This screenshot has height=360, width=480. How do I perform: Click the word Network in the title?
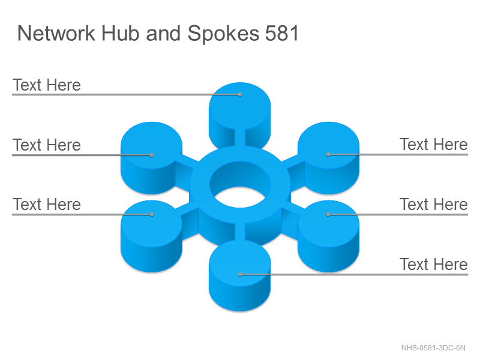56,33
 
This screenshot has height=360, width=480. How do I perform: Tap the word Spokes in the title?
223,34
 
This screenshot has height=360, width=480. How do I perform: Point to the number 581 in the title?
281,33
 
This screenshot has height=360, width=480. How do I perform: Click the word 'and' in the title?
163,33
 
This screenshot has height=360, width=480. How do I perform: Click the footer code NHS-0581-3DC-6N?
433,348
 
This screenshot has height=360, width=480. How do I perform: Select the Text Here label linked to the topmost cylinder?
47,85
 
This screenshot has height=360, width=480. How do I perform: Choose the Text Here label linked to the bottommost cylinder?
433,264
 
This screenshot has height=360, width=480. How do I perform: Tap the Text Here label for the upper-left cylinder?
47,145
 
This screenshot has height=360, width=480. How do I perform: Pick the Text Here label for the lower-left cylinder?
47,204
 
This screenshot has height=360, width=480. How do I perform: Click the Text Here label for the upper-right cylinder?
433,144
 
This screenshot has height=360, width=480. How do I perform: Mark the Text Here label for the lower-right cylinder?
433,204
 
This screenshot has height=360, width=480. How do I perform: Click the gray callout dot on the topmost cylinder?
240,95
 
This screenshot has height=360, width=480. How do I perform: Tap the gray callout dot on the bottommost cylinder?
240,275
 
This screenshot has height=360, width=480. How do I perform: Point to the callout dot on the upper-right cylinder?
328,155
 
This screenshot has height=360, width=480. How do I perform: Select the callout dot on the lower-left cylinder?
152,215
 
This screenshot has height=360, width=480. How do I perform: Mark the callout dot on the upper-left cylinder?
152,155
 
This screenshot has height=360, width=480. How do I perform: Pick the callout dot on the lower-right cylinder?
328,215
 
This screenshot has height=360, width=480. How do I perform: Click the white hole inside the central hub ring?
240,197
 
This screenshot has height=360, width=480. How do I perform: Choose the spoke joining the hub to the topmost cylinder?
239,138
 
